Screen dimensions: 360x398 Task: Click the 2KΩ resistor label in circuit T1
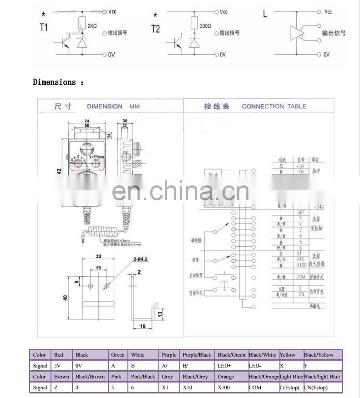[x=91, y=26]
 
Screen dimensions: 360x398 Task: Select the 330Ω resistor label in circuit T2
[x=205, y=26]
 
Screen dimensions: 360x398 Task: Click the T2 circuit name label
[x=156, y=29]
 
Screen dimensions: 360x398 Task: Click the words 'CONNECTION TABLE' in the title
[x=274, y=107]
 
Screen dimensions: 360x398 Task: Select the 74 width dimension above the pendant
[x=86, y=121]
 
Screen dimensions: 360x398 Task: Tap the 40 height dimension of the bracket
[x=66, y=298]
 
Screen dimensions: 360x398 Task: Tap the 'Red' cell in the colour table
[x=59, y=355]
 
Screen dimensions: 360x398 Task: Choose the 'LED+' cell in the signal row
[x=224, y=366]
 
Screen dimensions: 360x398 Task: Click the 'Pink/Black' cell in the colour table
[x=143, y=377]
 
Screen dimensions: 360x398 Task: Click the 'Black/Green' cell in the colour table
[x=231, y=355]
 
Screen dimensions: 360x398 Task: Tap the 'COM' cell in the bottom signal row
[x=255, y=388]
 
